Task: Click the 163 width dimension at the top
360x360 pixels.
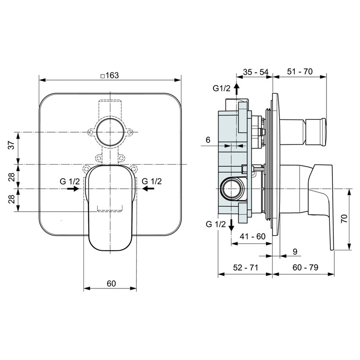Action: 112,75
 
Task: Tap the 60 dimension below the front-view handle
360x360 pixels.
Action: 111,283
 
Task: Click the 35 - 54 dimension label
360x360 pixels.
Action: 256,72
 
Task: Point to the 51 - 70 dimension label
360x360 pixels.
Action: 299,72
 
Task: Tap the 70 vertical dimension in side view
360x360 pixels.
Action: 344,219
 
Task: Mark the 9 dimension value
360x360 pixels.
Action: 295,252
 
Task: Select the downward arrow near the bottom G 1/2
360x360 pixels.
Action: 231,224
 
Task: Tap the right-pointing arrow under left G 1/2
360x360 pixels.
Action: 72,189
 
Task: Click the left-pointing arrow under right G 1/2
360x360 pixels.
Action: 148,189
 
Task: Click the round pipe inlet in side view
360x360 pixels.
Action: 231,188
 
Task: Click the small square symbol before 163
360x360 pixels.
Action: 102,76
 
